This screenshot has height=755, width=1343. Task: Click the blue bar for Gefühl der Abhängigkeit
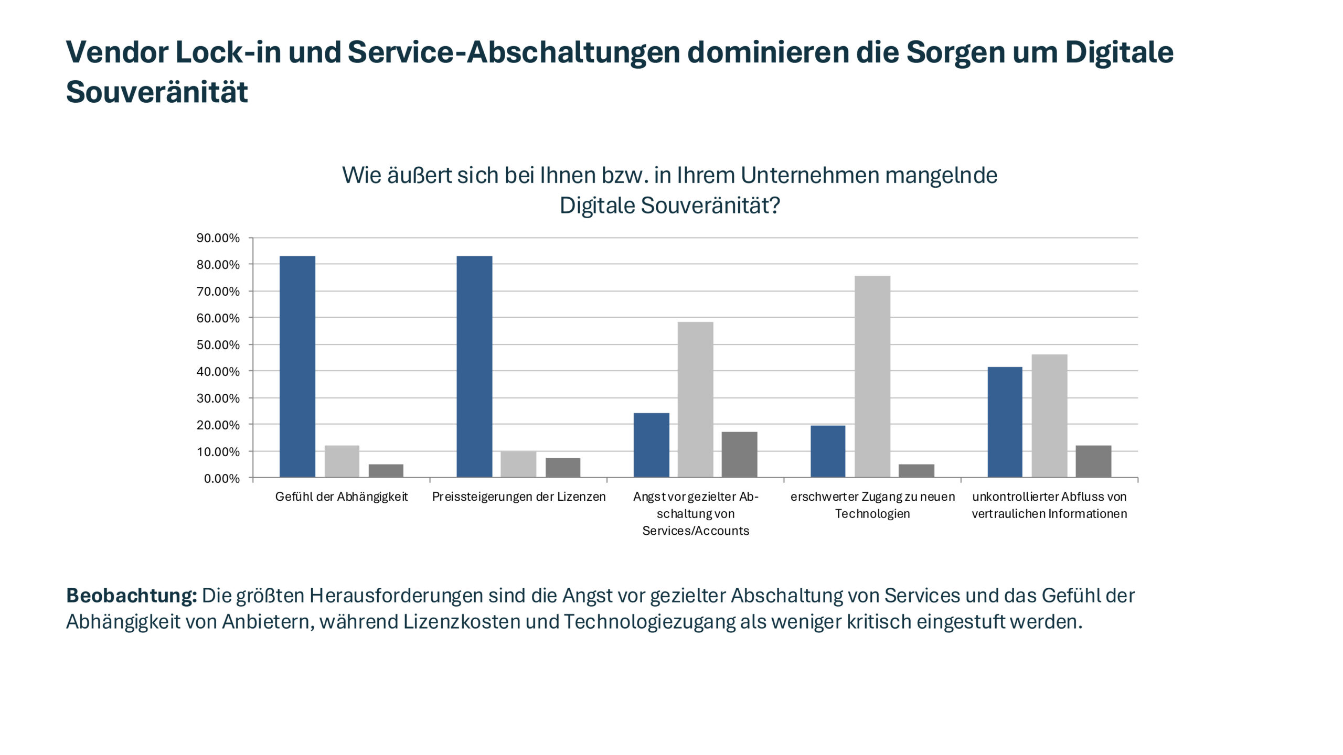click(x=297, y=366)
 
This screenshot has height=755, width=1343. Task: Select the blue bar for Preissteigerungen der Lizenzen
click(x=474, y=366)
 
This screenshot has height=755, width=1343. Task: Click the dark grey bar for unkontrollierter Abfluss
click(x=1093, y=461)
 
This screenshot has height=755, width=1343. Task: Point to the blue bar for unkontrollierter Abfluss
click(x=1005, y=422)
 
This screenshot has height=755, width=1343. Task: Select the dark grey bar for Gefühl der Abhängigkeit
click(x=386, y=470)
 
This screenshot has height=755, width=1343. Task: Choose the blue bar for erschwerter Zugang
click(x=828, y=451)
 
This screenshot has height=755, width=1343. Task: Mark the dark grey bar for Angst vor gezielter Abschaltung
click(x=739, y=455)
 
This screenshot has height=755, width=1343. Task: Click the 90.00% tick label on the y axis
click(x=218, y=238)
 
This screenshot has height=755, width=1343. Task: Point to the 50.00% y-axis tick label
click(x=218, y=345)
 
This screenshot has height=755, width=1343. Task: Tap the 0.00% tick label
click(x=221, y=479)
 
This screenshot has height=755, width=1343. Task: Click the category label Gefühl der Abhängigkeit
click(x=342, y=497)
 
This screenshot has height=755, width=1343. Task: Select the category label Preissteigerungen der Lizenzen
click(x=519, y=497)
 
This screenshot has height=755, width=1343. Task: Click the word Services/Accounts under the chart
click(x=696, y=531)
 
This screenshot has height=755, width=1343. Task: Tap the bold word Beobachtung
click(x=131, y=596)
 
